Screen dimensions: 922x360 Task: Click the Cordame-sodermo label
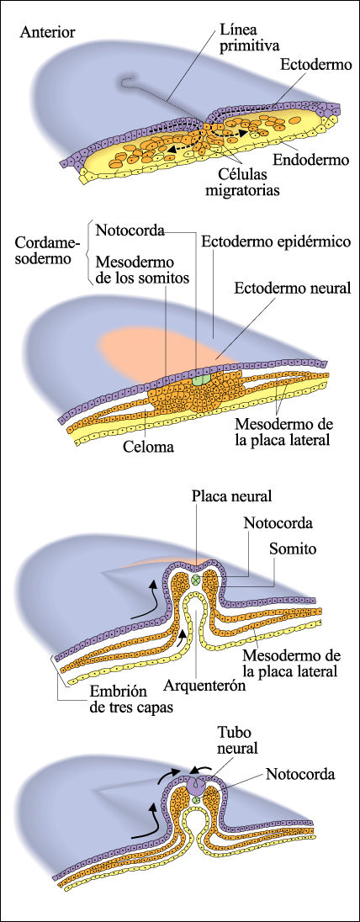click(47, 251)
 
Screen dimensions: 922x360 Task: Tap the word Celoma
click(148, 448)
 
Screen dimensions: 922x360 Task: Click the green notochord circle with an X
click(196, 580)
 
